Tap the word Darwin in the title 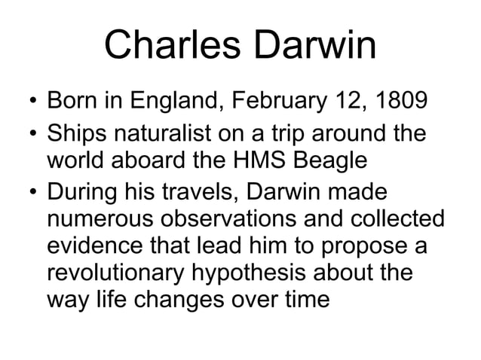pos(317,47)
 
